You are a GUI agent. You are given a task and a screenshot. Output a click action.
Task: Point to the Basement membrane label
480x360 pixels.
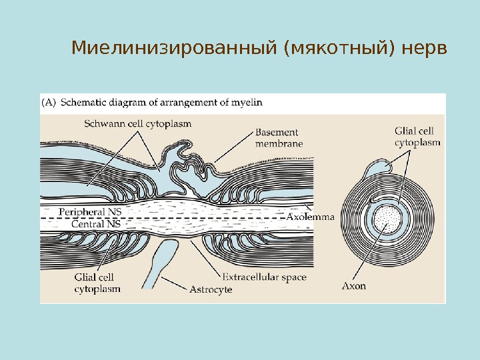pos(279,137)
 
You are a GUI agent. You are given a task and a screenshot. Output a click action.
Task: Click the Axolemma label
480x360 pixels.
pos(311,217)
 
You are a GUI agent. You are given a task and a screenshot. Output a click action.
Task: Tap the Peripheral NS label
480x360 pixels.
pos(91,211)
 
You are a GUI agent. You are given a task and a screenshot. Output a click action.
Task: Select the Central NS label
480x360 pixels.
pos(96,225)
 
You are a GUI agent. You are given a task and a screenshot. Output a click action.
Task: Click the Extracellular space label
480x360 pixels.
pos(264,277)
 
